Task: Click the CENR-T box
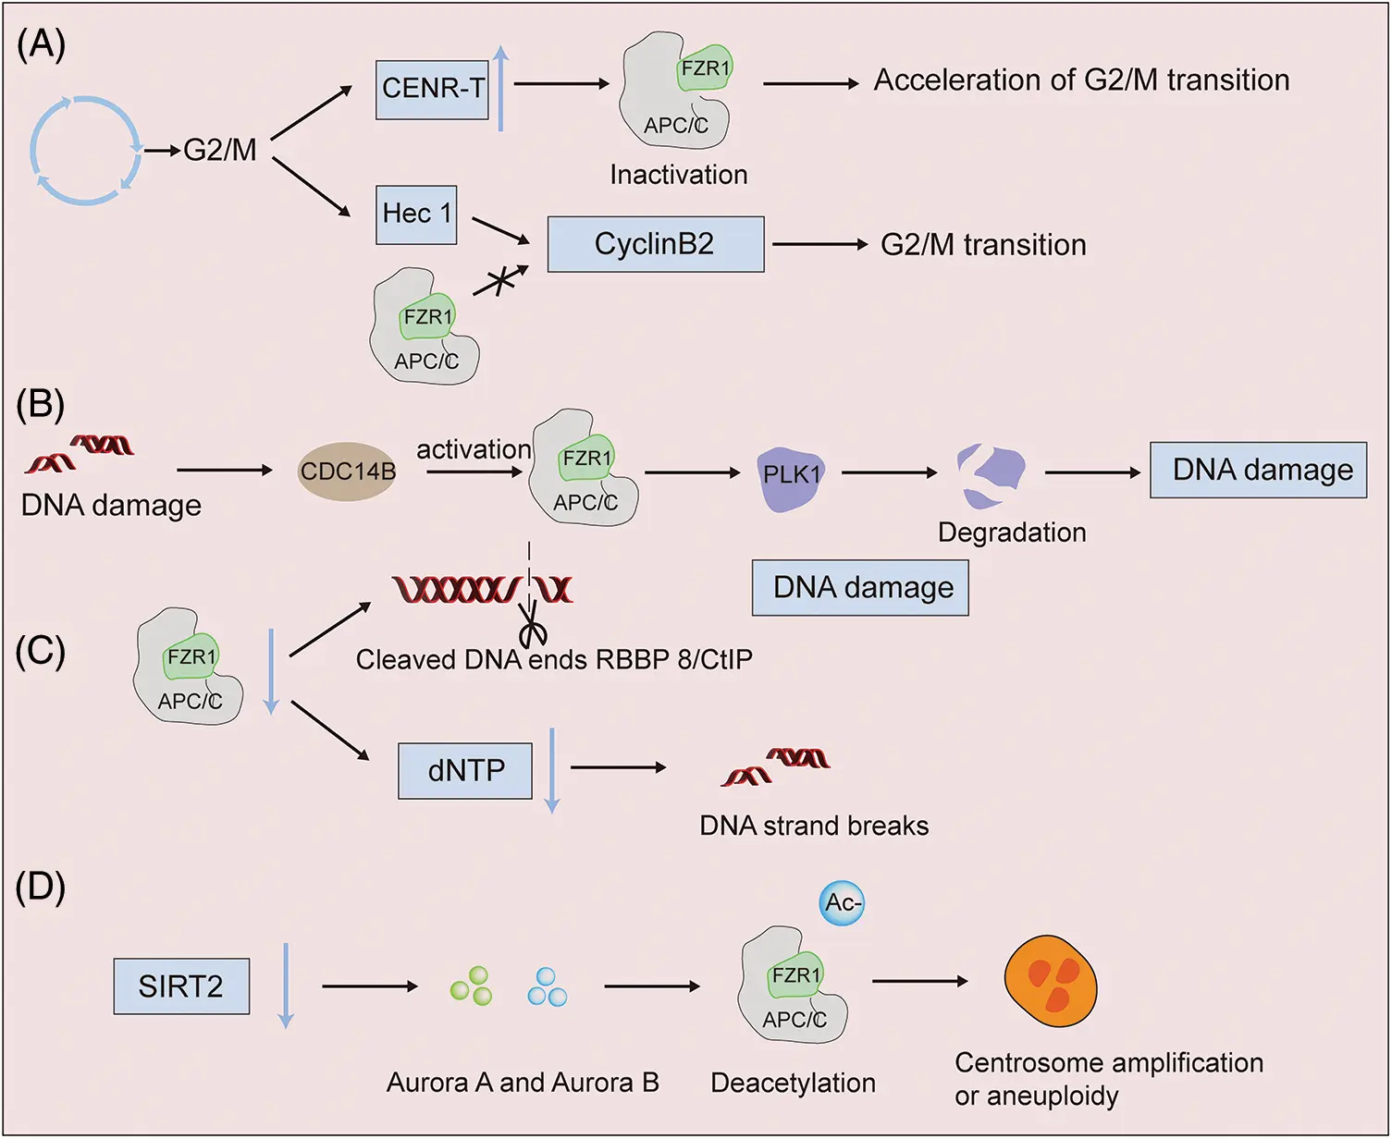pos(432,90)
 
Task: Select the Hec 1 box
pos(416,214)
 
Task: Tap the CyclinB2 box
pos(655,244)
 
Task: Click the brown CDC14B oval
pos(348,472)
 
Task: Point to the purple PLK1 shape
pos(791,479)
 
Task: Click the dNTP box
pos(465,770)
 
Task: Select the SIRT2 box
pos(181,986)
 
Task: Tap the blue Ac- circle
pos(842,902)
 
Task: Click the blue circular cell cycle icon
pos(86,150)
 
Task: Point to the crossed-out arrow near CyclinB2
pos(499,280)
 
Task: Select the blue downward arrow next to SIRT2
pos(286,986)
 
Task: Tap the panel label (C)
pos(41,651)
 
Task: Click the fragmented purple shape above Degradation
pos(990,475)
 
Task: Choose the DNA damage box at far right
pos(1258,471)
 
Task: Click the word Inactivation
pos(678,175)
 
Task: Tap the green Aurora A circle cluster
pos(472,986)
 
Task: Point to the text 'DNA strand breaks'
pos(814,826)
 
